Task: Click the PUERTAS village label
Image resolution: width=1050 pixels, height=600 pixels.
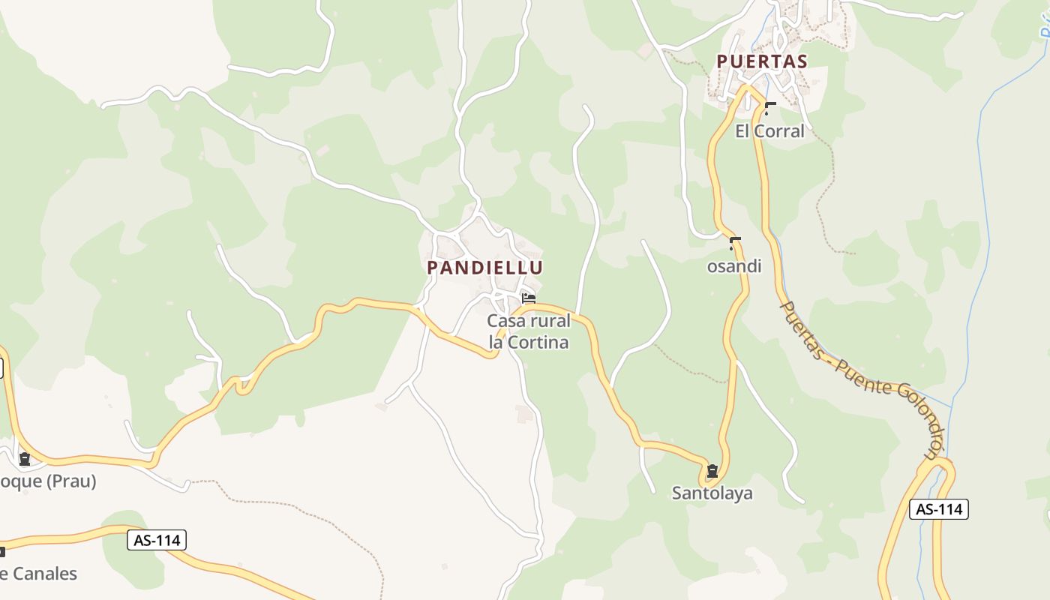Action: [761, 61]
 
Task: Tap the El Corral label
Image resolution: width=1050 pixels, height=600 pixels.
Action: [769, 131]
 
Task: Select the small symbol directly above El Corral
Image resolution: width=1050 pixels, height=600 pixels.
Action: [769, 109]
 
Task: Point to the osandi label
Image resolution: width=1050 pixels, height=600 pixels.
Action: [734, 266]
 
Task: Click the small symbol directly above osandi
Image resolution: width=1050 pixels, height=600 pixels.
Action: [735, 243]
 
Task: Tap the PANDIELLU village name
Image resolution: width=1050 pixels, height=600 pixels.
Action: [485, 267]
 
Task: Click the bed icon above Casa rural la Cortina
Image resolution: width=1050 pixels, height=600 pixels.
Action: [529, 298]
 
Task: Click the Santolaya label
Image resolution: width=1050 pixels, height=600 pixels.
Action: [712, 493]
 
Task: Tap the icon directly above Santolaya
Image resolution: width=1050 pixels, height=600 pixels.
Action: [712, 471]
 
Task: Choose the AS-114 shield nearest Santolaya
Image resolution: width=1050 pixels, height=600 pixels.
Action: [939, 509]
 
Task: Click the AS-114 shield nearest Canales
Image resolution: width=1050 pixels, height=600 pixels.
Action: [156, 540]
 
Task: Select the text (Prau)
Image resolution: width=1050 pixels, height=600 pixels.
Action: [71, 481]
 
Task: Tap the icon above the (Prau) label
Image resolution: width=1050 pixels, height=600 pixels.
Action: [25, 459]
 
